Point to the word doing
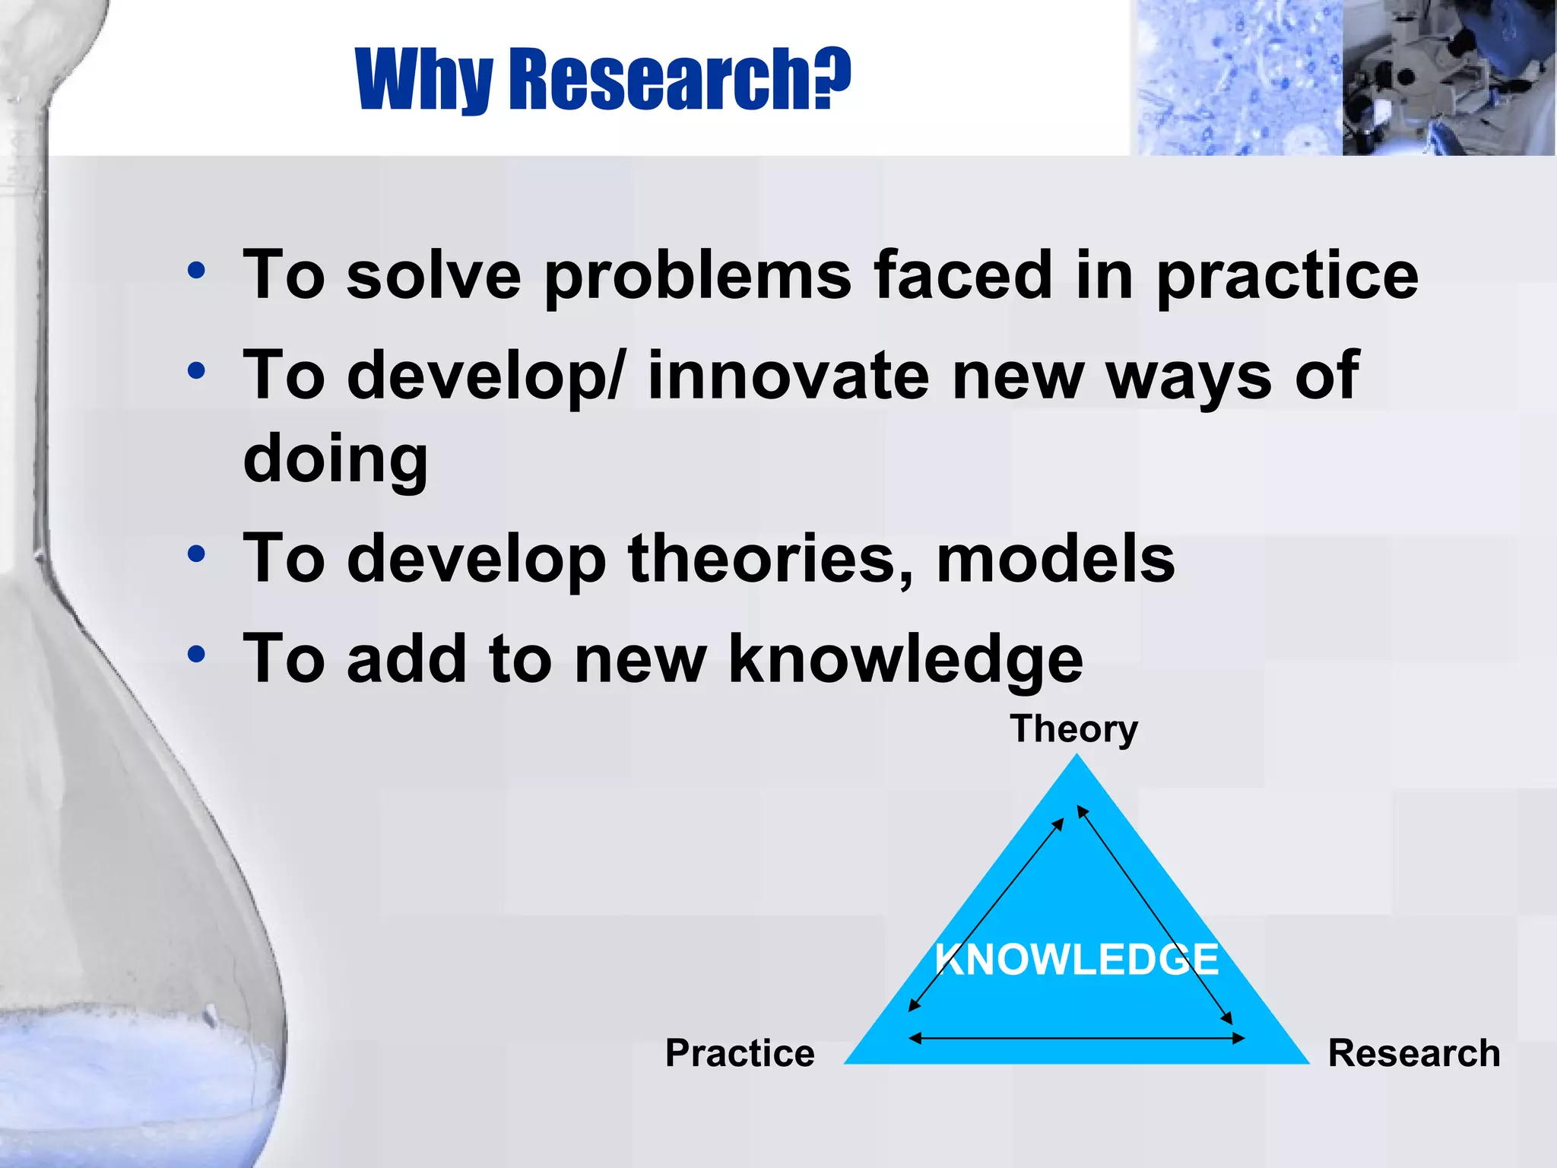tap(335, 459)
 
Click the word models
tap(1055, 559)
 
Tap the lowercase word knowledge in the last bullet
tap(905, 659)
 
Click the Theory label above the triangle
tap(1073, 728)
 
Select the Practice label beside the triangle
tap(740, 1053)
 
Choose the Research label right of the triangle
tap(1413, 1053)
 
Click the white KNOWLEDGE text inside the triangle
tap(1077, 960)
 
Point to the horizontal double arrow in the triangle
tap(1077, 1038)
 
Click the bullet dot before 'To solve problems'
tap(196, 271)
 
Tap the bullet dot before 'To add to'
tap(196, 654)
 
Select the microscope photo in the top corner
tap(1448, 78)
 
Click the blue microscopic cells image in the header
tap(1236, 78)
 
